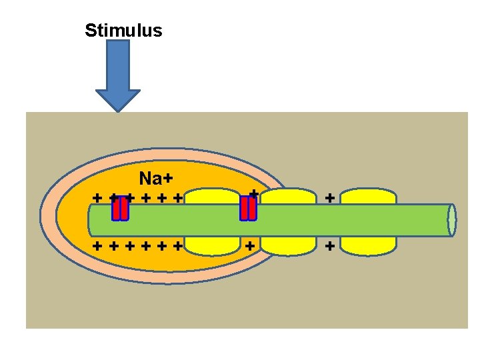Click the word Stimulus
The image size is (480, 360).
click(123, 31)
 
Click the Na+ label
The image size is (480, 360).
click(156, 179)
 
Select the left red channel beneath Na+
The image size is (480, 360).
click(120, 209)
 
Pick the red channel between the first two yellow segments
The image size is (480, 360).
click(247, 208)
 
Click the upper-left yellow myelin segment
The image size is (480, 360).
click(212, 196)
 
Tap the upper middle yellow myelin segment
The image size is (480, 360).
click(288, 196)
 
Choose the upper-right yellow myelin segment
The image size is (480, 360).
click(368, 196)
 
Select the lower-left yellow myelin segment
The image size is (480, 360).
click(212, 245)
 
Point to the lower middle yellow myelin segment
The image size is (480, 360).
click(288, 245)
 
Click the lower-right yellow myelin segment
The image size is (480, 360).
click(368, 245)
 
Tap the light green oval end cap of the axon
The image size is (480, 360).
click(452, 220)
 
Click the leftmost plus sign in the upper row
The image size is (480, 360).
click(97, 198)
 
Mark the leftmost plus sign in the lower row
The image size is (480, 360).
click(97, 245)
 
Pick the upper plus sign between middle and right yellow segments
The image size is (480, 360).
click(329, 198)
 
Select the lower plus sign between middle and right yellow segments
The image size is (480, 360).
click(329, 245)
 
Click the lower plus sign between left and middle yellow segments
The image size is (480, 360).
click(249, 245)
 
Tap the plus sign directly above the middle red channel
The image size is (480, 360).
click(253, 193)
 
